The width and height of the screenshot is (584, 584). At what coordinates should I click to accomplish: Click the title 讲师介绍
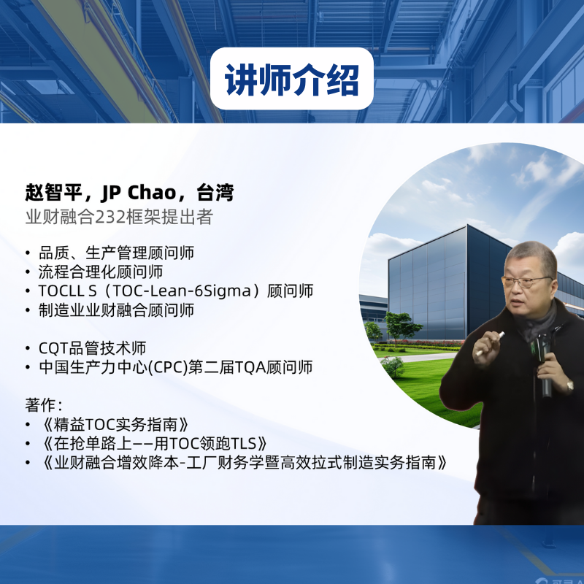click(291, 80)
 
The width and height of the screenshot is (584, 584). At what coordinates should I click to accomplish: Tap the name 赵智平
click(53, 193)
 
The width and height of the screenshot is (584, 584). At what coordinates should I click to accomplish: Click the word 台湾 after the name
click(215, 193)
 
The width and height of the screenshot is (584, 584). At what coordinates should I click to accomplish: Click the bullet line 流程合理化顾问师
click(101, 272)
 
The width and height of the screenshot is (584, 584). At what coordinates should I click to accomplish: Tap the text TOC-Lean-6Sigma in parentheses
click(181, 291)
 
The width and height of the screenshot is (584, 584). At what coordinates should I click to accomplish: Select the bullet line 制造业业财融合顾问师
click(116, 310)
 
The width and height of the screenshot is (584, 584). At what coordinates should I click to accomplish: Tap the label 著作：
click(44, 405)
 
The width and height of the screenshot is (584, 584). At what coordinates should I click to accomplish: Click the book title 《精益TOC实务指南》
click(116, 425)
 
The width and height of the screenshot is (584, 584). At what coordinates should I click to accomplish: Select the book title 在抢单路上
click(93, 444)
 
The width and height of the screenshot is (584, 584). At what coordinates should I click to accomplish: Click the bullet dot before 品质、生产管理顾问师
click(28, 253)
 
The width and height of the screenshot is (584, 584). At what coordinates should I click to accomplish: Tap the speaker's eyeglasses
click(526, 281)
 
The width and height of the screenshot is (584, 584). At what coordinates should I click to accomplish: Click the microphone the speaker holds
click(542, 365)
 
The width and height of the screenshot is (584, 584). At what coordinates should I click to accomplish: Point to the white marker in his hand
click(491, 342)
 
